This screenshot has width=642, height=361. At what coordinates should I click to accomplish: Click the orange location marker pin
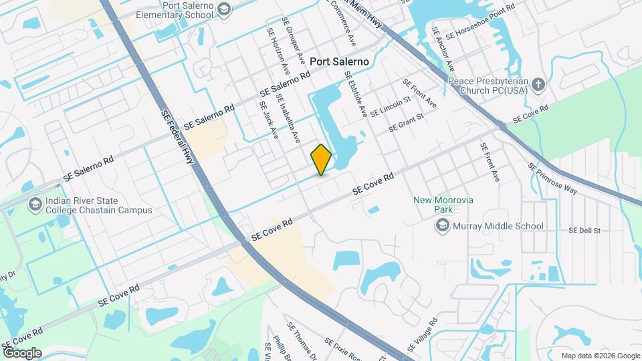(x=322, y=160)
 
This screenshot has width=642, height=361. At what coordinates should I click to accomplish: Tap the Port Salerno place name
(x=340, y=61)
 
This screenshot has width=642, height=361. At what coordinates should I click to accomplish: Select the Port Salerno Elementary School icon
(x=223, y=9)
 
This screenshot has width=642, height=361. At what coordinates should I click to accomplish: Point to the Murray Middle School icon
(x=442, y=226)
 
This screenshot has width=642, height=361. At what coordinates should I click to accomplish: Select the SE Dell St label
(x=584, y=231)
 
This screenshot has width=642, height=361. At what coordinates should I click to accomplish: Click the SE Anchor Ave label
(x=443, y=50)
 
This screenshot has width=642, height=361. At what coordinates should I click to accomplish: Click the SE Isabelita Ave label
(x=288, y=118)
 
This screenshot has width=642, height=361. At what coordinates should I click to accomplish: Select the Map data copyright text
(x=600, y=356)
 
